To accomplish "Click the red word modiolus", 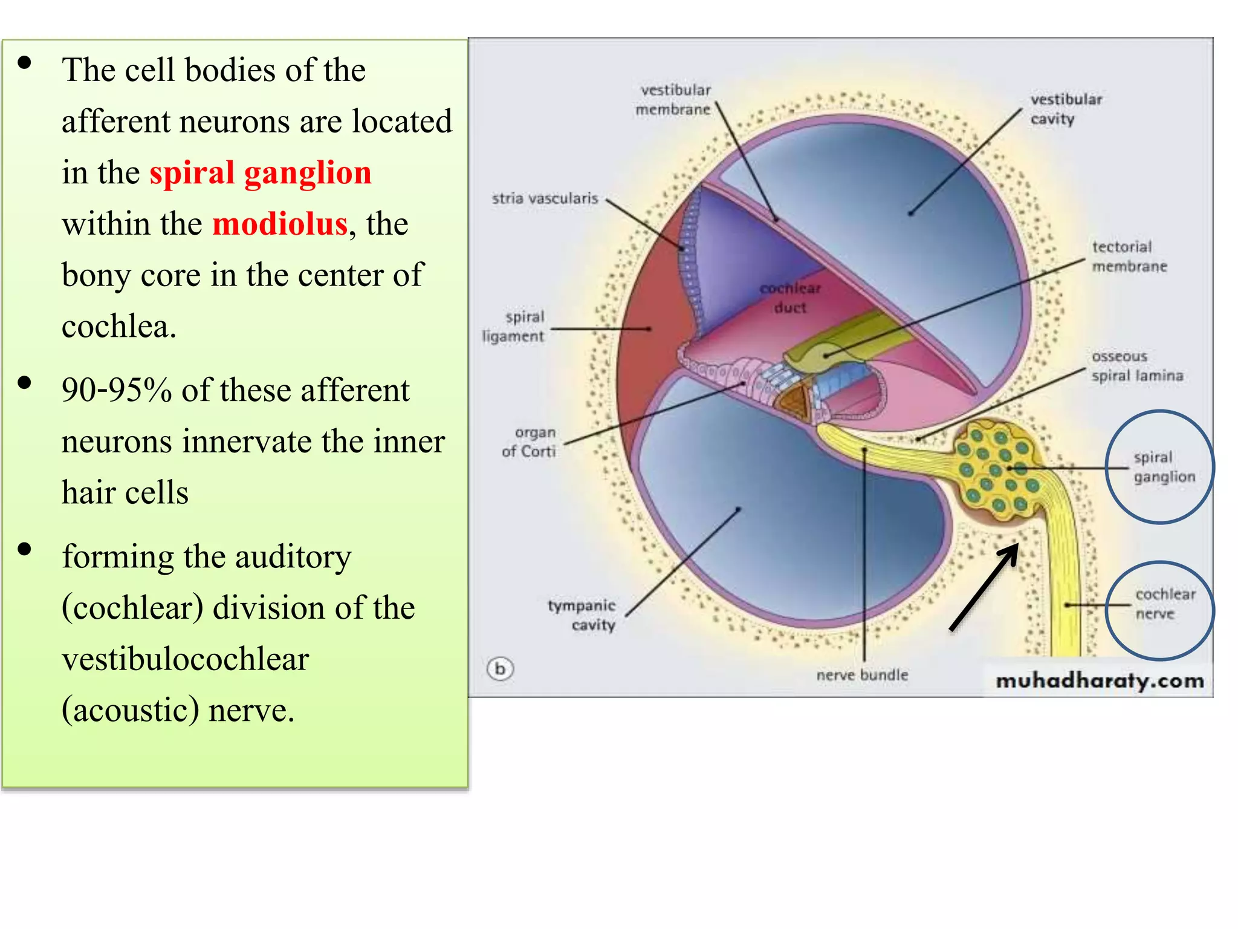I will pyautogui.click(x=280, y=224).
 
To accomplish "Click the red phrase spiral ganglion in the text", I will pyautogui.click(x=260, y=173).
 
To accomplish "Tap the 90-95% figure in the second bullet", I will pyautogui.click(x=117, y=390).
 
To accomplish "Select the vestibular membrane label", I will pyautogui.click(x=674, y=100).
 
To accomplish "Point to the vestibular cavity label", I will pyautogui.click(x=1065, y=109).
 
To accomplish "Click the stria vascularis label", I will pyautogui.click(x=545, y=198).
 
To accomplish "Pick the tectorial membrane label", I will pyautogui.click(x=1128, y=256).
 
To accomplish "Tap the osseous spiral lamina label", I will pyautogui.click(x=1136, y=366).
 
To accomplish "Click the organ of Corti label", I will pyautogui.click(x=530, y=442).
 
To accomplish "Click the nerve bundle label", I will pyautogui.click(x=862, y=675).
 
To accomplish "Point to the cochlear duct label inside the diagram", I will pyautogui.click(x=790, y=298).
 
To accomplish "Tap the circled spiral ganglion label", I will pyautogui.click(x=1163, y=467).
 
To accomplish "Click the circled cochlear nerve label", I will pyautogui.click(x=1164, y=604).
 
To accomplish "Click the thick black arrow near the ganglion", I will pyautogui.click(x=984, y=587).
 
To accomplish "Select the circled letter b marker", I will pyautogui.click(x=500, y=669).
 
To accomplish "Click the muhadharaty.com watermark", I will pyautogui.click(x=1099, y=680).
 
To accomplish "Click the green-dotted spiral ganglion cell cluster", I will pyautogui.click(x=998, y=469).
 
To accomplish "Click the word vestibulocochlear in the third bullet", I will pyautogui.click(x=186, y=659).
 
